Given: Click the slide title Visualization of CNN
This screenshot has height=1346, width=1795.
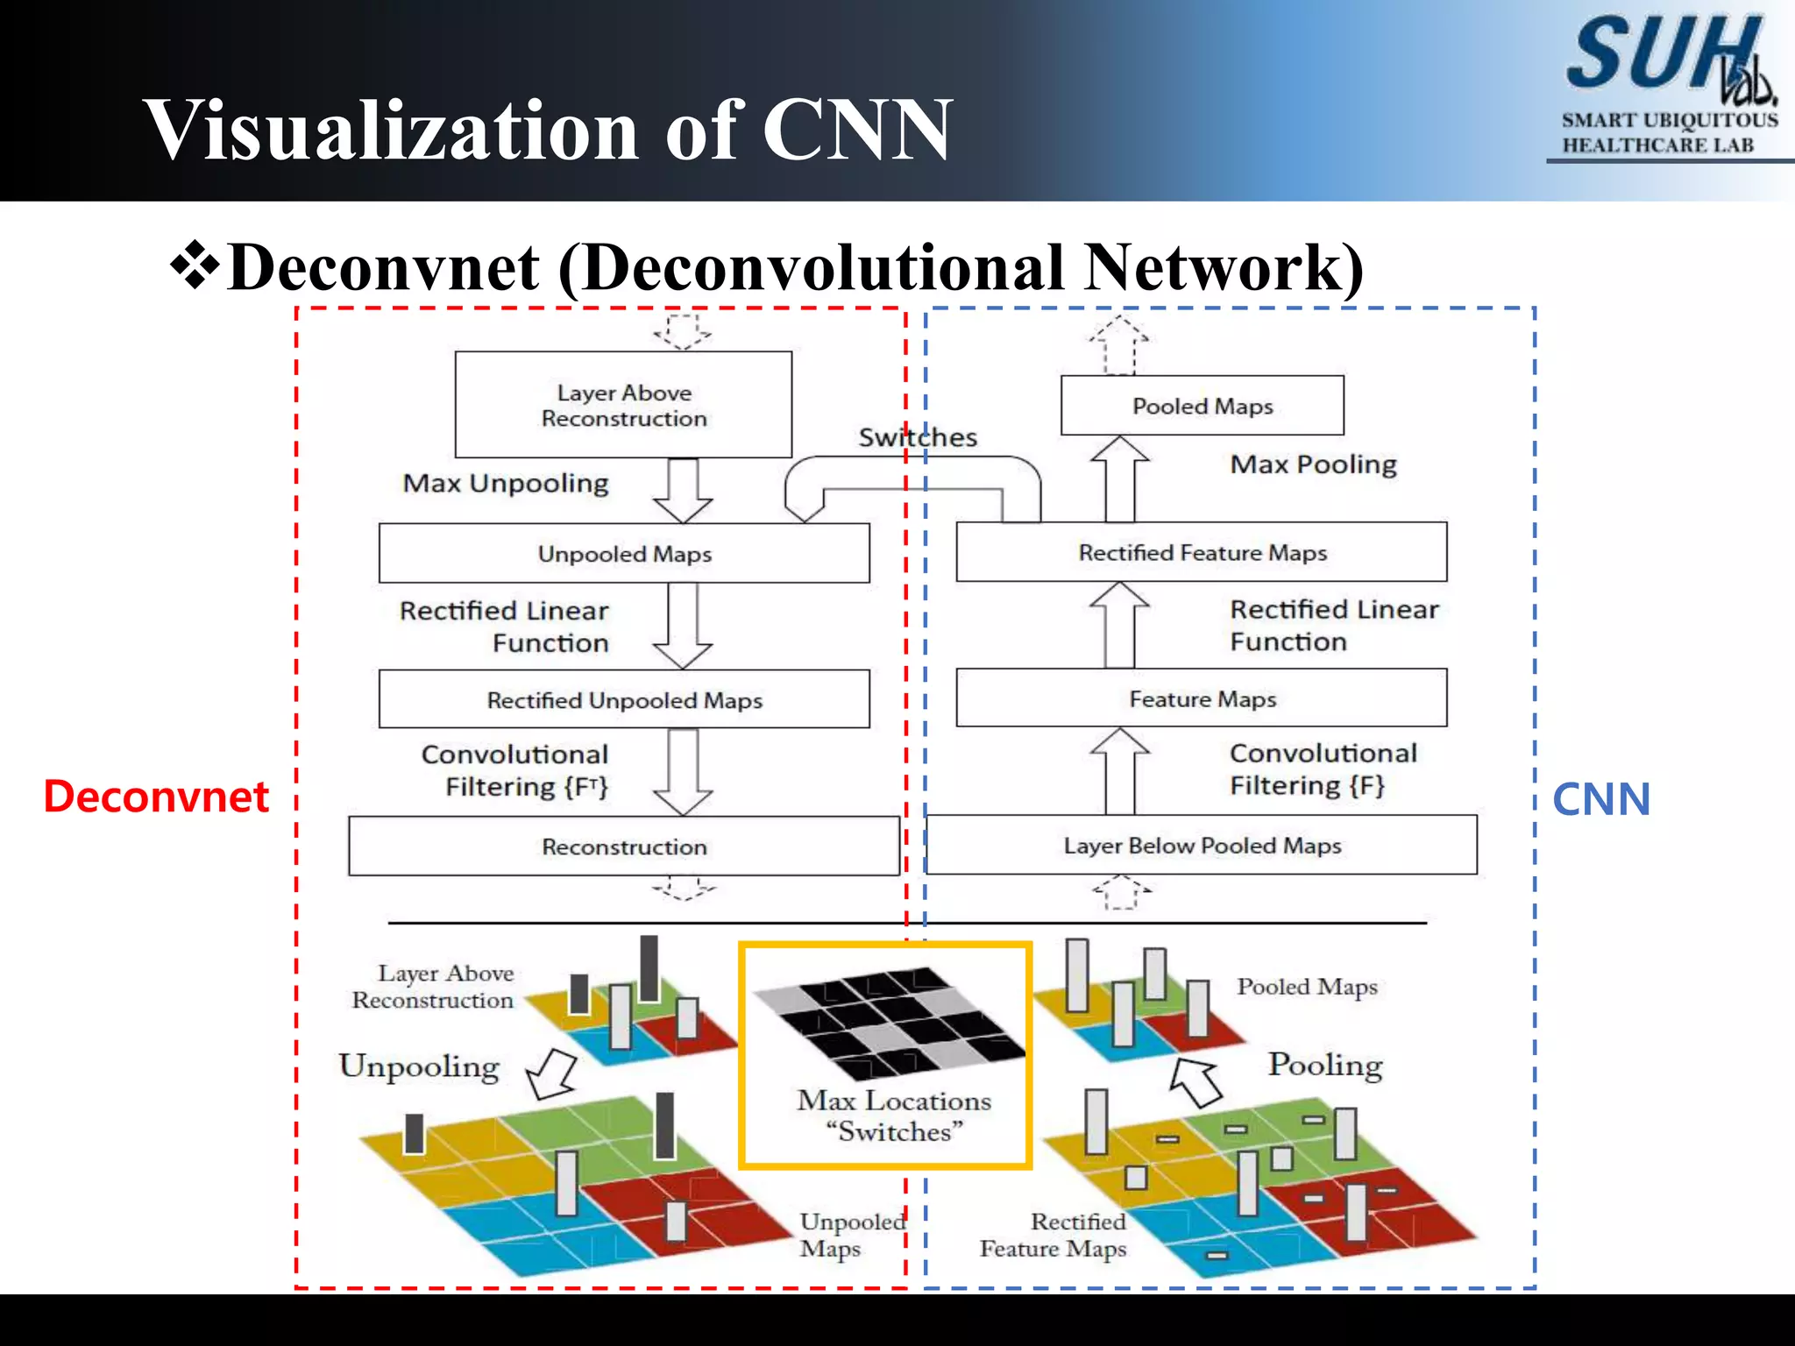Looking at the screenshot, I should pos(548,130).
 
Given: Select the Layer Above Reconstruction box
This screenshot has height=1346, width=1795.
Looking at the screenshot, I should pos(623,405).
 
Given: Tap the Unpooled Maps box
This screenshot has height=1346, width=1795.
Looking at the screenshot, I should pos(624,554).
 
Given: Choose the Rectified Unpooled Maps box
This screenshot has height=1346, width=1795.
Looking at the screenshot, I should pos(624,700).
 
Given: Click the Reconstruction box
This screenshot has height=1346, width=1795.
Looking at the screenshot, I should pos(624,847).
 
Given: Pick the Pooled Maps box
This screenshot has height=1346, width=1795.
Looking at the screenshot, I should pos(1203,406).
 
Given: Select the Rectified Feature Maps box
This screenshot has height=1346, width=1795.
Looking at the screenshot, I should pos(1202,552).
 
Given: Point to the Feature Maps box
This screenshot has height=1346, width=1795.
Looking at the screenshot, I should pos(1202,698).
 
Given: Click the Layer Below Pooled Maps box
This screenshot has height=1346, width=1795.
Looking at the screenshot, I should pos(1202,846).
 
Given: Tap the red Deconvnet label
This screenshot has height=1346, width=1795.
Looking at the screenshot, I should pos(156,797).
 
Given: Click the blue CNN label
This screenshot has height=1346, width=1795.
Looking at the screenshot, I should pos(1600,799).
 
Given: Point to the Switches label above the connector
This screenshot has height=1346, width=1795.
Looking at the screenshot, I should pos(917,437).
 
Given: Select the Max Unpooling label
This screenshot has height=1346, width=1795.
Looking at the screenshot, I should pos(506,484).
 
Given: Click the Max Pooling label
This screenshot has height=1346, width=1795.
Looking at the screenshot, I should pos(1313,464).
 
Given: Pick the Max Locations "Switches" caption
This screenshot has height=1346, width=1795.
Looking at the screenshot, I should pos(894,1116).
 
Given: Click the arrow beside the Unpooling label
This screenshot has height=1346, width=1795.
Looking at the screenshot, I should pos(551,1074).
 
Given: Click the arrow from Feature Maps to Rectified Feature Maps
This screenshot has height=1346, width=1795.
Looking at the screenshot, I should pos(1120,624).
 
